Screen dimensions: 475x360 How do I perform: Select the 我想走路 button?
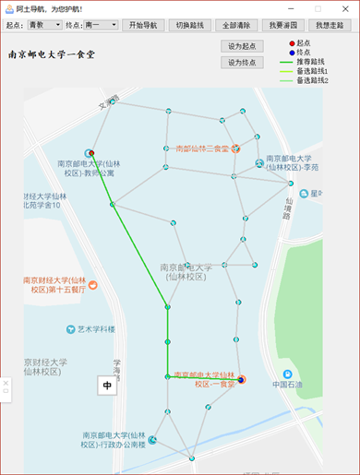[331, 25]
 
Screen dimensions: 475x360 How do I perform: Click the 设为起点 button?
[242, 45]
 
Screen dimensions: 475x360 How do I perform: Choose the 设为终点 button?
[242, 63]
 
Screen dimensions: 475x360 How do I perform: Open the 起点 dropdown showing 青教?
[44, 25]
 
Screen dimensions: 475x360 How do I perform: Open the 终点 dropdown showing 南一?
[101, 25]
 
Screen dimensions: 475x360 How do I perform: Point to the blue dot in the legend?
[291, 53]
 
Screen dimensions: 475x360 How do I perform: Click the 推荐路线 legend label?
[312, 62]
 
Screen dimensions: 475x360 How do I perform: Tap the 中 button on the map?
[107, 386]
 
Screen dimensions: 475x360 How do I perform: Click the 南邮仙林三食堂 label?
[207, 148]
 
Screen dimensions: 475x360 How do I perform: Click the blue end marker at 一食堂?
[242, 379]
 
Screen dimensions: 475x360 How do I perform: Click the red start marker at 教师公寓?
[92, 154]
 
